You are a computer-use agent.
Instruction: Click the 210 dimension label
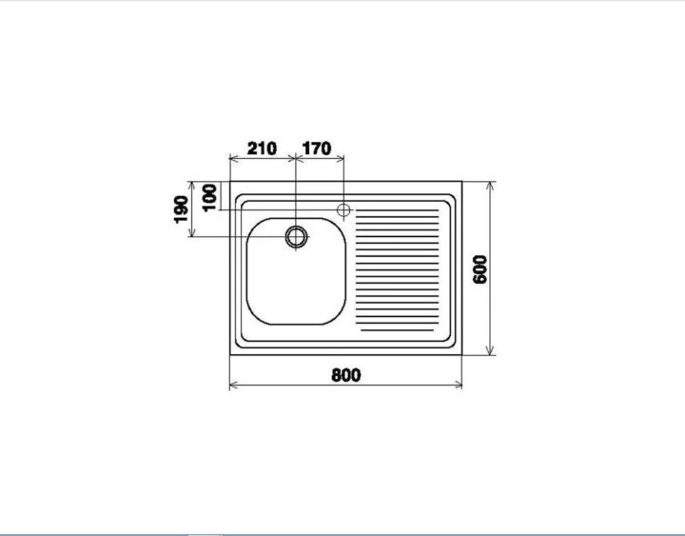(x=263, y=149)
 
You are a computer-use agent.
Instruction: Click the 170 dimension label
(x=317, y=149)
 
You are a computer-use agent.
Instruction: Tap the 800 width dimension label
(x=346, y=375)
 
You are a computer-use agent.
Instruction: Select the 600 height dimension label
(x=480, y=269)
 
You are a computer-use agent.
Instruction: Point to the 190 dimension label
(x=181, y=209)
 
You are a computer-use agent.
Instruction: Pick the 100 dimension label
(x=209, y=198)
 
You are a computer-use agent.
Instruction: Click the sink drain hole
(x=296, y=237)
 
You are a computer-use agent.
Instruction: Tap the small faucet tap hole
(x=343, y=210)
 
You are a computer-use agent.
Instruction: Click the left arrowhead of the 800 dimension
(x=233, y=386)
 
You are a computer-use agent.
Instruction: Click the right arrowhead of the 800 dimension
(x=459, y=386)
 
